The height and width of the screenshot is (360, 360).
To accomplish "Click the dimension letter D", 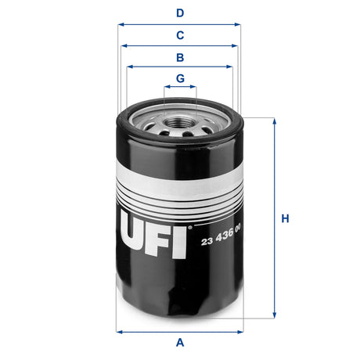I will pos(180,13).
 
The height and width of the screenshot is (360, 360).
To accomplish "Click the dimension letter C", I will pos(180,35).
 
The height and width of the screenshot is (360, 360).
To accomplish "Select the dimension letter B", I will pos(180,57).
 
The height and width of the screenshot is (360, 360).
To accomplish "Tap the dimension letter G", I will pos(180,78).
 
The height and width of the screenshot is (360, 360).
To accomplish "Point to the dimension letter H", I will pos(286,218).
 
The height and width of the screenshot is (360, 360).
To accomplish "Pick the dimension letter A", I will pos(180,342).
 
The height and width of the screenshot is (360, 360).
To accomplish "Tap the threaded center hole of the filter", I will pos(179,122).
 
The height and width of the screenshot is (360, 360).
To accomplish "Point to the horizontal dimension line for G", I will pos(180,88).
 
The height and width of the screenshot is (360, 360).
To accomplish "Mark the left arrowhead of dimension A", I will pos(118,331).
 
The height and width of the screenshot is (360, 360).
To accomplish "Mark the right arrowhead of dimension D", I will pos(238,24).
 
